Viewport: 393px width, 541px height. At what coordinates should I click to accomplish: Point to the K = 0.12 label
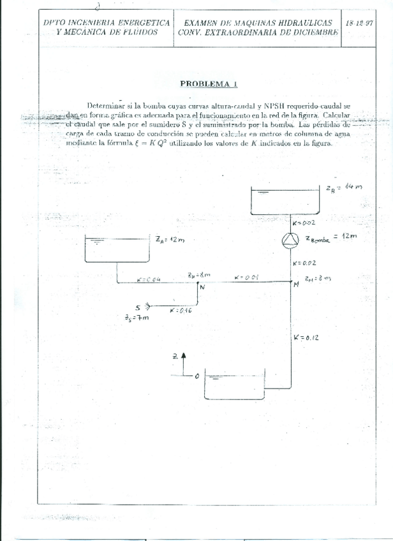tap(306, 337)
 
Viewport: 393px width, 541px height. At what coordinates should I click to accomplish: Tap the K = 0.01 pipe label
tap(246, 277)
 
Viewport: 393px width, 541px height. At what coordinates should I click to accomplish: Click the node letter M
tap(296, 285)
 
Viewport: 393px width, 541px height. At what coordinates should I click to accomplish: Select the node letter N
tap(202, 287)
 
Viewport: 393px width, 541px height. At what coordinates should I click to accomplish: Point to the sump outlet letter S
tap(139, 306)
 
